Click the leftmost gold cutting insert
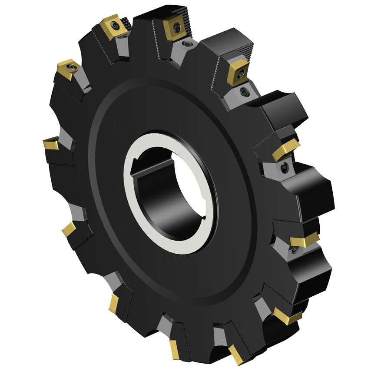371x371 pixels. coord(51,143)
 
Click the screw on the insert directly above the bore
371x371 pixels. coord(177,27)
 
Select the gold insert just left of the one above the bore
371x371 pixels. coord(114,27)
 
